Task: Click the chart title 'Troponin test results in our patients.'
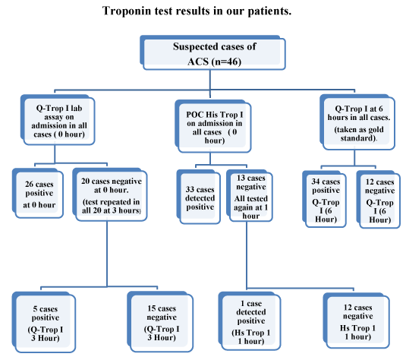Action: click(x=197, y=11)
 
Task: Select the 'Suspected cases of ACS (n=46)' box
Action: click(x=212, y=52)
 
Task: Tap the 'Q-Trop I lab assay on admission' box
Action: click(x=58, y=120)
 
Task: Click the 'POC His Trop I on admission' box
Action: click(x=212, y=126)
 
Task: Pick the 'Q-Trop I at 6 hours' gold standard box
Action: click(x=357, y=122)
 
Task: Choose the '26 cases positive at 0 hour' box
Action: click(x=38, y=194)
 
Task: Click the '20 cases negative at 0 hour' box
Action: click(x=110, y=194)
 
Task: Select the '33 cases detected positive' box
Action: click(x=199, y=197)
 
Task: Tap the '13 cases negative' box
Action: click(x=250, y=196)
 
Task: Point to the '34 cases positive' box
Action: click(x=324, y=199)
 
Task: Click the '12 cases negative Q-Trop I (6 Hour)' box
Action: click(x=378, y=199)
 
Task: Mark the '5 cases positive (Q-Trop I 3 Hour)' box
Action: click(x=44, y=322)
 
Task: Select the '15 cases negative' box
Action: click(x=160, y=321)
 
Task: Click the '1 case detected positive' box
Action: click(x=250, y=321)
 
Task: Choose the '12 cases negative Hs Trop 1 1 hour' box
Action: click(x=356, y=321)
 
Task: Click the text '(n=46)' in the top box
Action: click(x=226, y=62)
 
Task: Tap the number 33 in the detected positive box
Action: click(x=190, y=189)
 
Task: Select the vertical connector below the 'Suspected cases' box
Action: click(x=210, y=84)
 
